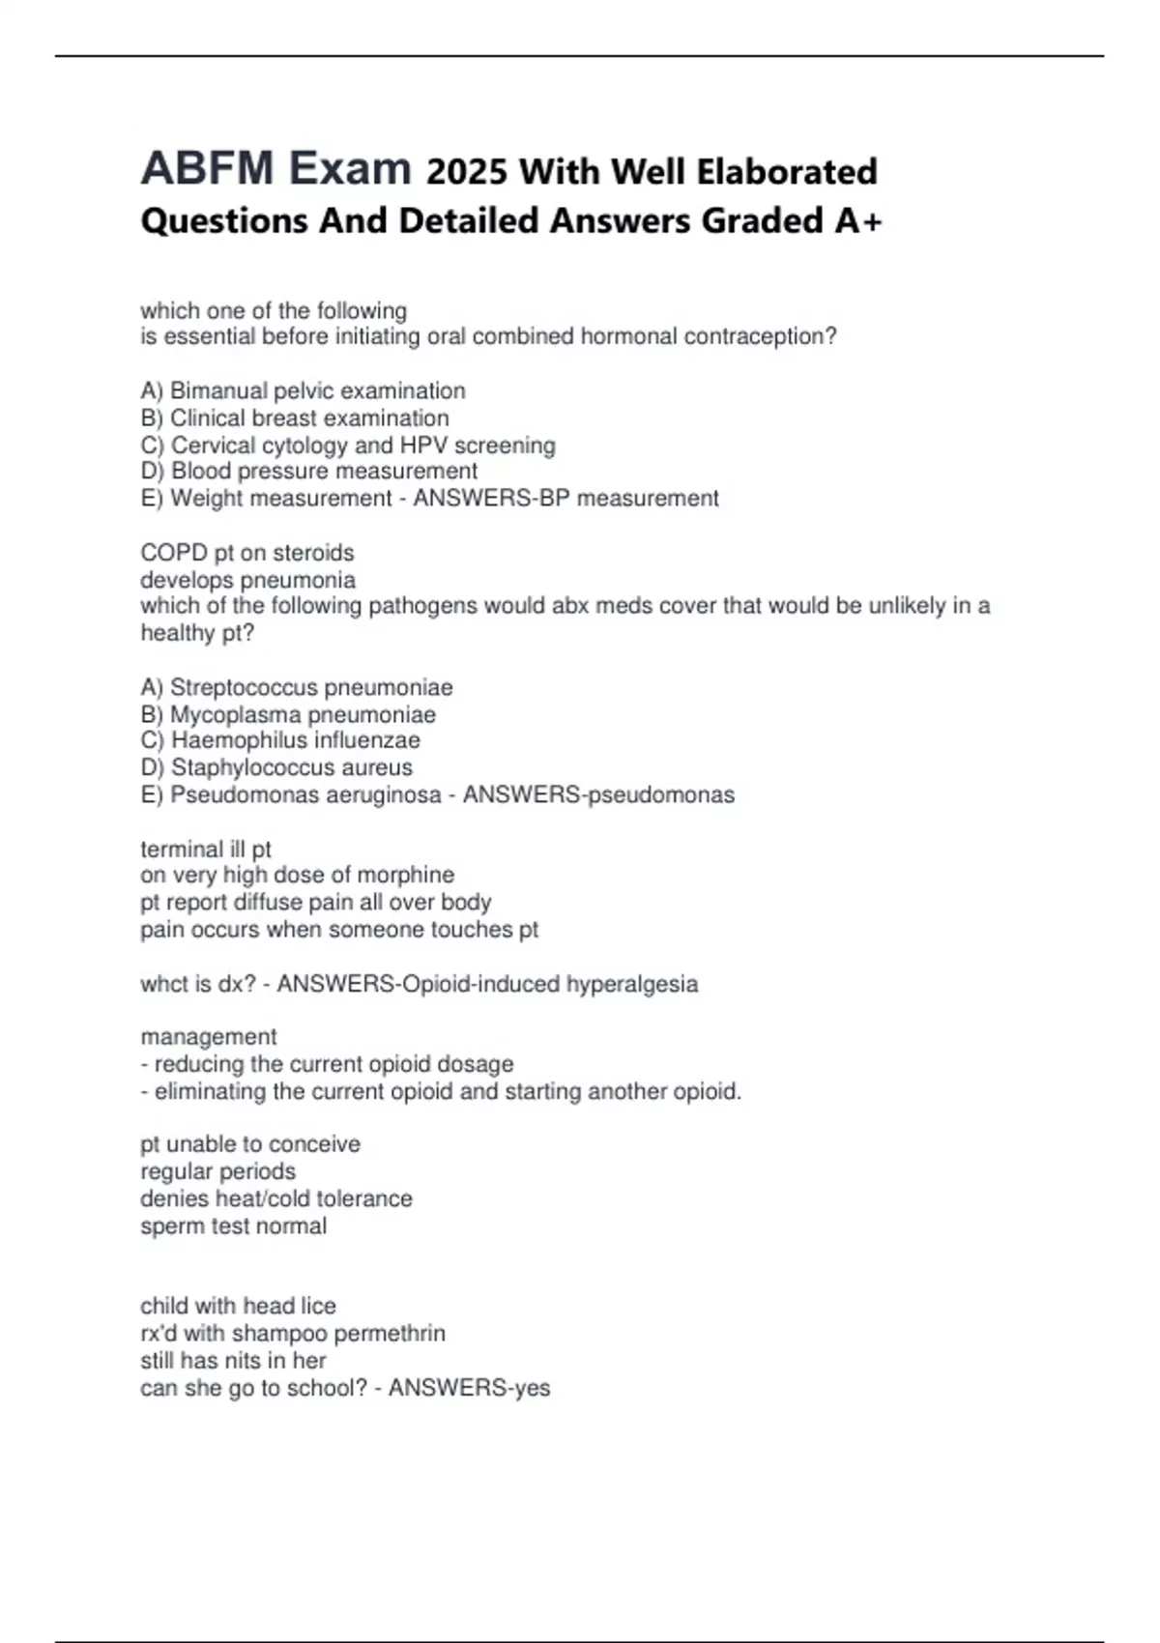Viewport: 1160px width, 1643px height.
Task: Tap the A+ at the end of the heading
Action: pyautogui.click(x=858, y=220)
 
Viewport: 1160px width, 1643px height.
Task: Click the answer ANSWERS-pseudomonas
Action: pyautogui.click(x=598, y=794)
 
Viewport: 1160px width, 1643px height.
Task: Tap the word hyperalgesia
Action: pyautogui.click(x=632, y=984)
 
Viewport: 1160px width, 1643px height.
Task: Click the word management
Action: pyautogui.click(x=209, y=1037)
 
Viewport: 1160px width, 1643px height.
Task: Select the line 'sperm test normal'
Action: pyautogui.click(x=233, y=1225)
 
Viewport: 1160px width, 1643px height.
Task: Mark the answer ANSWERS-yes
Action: pyautogui.click(x=469, y=1388)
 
